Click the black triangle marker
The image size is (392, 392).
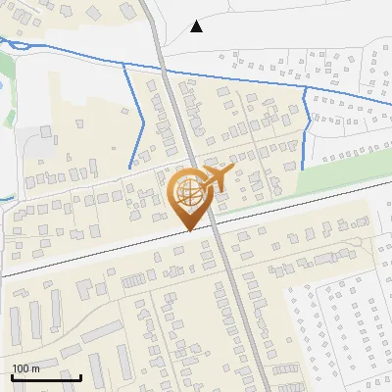click(197, 26)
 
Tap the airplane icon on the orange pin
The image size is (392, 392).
click(217, 177)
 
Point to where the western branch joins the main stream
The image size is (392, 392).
click(124, 68)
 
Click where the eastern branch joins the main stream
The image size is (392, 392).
click(306, 88)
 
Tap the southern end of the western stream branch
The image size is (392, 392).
click(130, 168)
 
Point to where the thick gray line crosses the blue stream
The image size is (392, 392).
click(161, 73)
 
